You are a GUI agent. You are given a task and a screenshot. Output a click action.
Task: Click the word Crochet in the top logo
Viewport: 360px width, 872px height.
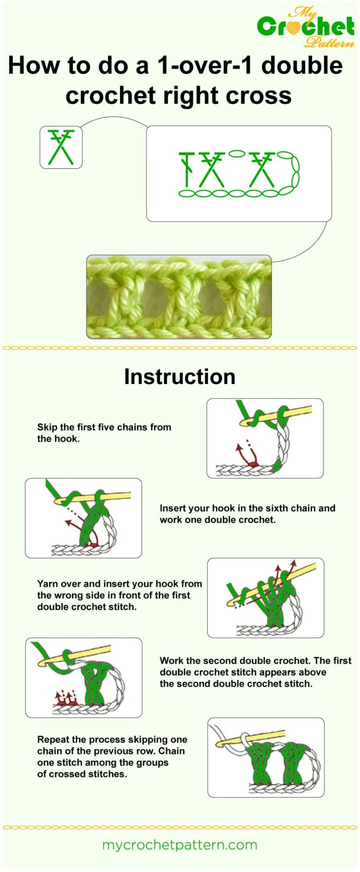(x=306, y=27)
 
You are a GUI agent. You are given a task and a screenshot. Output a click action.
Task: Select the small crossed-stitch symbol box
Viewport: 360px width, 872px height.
(x=61, y=147)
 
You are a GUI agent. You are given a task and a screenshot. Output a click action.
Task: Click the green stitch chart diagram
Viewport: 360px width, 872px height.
(x=239, y=174)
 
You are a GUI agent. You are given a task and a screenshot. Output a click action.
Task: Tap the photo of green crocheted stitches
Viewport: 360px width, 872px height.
(x=179, y=297)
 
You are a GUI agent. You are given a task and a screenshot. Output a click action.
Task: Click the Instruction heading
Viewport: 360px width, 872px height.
(x=180, y=377)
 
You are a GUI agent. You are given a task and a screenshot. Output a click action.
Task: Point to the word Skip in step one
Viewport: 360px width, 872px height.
(x=47, y=427)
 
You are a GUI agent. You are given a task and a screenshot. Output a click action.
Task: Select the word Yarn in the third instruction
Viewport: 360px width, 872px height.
(x=48, y=584)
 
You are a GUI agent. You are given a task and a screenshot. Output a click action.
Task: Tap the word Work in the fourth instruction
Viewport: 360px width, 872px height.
(x=172, y=661)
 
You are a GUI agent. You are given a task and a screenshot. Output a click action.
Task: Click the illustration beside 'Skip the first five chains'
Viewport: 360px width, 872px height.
(x=265, y=438)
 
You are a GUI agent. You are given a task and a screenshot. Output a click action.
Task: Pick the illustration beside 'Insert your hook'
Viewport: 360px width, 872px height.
(x=83, y=518)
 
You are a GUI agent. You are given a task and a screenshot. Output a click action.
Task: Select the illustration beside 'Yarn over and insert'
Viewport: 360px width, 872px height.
(x=265, y=598)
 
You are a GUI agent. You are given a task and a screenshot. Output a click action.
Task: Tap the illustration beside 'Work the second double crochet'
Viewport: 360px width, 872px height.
(x=83, y=677)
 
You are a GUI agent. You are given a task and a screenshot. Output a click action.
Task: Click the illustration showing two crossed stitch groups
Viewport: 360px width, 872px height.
(x=266, y=757)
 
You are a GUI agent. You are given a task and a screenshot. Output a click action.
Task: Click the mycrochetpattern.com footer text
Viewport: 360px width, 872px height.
(x=180, y=845)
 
